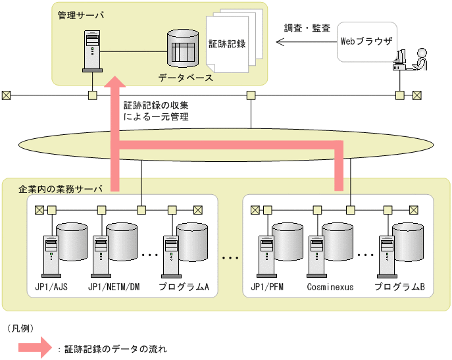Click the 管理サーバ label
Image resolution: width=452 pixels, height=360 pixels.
click(81, 15)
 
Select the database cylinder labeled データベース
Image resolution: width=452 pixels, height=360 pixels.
click(183, 49)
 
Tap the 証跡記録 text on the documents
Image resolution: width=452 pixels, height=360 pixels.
click(227, 44)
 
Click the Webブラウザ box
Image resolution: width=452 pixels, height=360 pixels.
click(367, 42)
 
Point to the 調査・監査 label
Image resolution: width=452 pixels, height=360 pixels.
click(307, 28)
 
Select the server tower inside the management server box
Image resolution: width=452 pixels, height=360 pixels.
click(92, 51)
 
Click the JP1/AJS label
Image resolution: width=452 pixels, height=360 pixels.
click(51, 287)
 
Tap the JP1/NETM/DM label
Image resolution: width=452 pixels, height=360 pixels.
click(114, 287)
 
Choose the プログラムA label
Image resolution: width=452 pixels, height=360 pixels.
click(184, 287)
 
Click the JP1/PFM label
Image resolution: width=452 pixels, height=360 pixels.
click(267, 287)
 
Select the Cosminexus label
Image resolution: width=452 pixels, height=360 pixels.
click(330, 287)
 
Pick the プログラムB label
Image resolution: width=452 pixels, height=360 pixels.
click(399, 287)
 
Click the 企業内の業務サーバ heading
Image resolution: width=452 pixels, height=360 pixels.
click(61, 189)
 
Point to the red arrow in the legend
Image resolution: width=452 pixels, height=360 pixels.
click(35, 347)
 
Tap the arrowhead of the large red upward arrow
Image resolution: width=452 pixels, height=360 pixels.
click(114, 82)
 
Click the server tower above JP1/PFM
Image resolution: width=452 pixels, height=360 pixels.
click(267, 257)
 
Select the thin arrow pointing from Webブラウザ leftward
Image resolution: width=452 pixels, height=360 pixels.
click(307, 42)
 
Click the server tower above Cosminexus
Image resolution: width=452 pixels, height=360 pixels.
click(317, 257)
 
